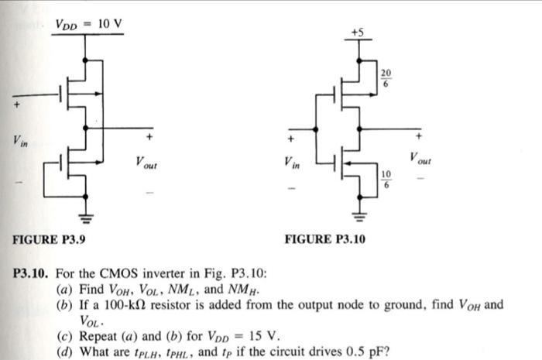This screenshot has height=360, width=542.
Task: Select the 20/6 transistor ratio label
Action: (386, 78)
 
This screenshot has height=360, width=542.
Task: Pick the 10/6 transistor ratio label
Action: (386, 178)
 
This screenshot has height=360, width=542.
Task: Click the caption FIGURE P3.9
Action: (49, 239)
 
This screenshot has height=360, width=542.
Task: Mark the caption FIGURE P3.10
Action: (325, 239)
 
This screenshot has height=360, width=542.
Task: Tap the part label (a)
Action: (65, 290)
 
